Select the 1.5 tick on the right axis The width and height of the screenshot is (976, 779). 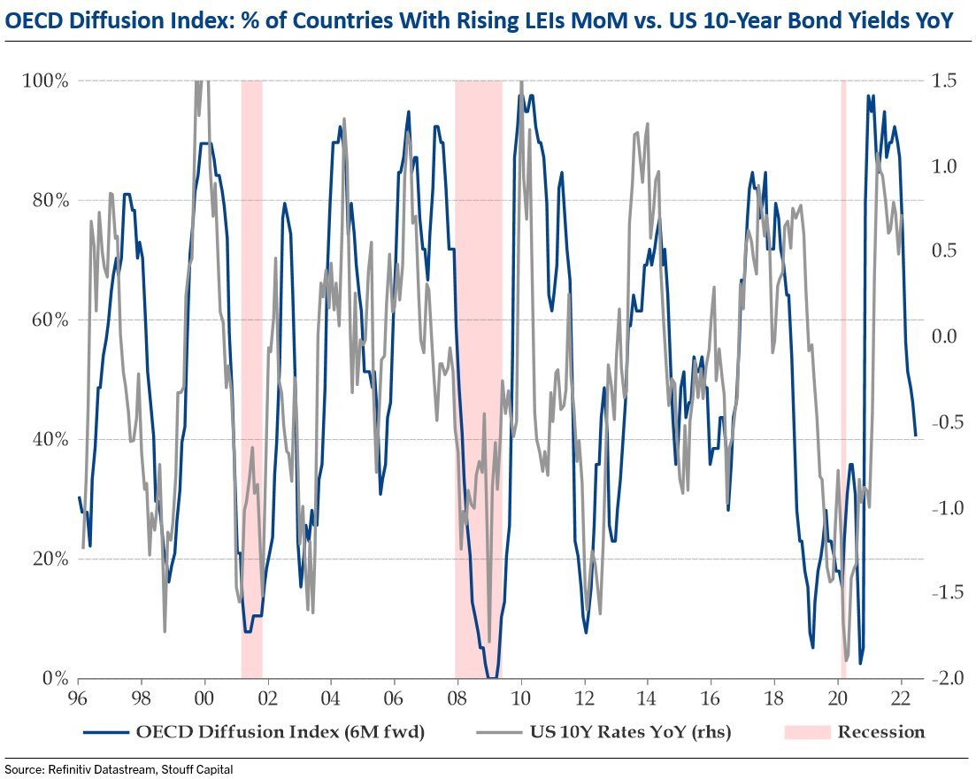pyautogui.click(x=945, y=81)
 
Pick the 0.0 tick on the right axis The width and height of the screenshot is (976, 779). pyautogui.click(x=945, y=336)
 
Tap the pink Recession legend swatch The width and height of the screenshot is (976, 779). pyautogui.click(x=805, y=732)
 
